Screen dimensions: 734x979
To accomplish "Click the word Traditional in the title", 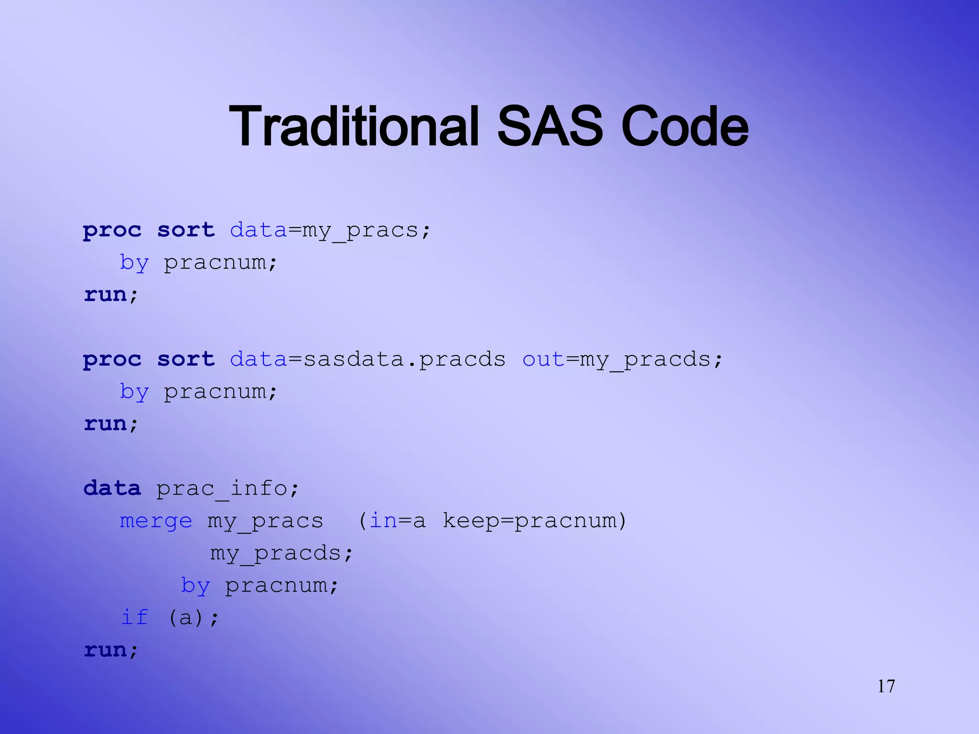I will point(354,126).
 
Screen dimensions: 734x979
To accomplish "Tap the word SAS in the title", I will point(550,126).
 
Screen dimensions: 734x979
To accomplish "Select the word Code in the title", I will point(685,126).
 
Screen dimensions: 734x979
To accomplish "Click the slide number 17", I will point(886,686).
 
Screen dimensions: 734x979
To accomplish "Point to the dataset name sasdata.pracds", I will point(404,359).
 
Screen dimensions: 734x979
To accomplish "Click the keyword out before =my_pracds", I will point(543,359).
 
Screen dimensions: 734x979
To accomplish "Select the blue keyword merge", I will point(156,520).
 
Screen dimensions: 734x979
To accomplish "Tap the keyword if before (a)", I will point(135,617).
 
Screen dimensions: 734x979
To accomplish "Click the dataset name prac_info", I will point(222,488).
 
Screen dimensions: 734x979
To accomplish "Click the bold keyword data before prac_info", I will point(112,488).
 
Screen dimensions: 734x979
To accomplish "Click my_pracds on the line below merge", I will point(276,553).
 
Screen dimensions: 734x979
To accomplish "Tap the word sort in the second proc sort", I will point(186,359).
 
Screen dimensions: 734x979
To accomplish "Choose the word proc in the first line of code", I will point(112,230).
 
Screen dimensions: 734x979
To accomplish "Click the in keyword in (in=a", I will point(383,520).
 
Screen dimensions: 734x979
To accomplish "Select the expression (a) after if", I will point(186,617).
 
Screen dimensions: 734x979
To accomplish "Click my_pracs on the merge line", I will point(266,520).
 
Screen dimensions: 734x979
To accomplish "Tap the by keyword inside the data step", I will point(196,585).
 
